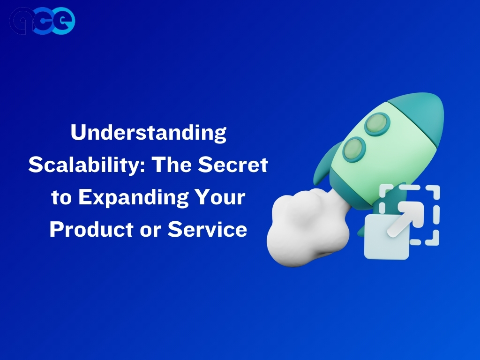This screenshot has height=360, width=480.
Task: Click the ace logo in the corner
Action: tap(42, 21)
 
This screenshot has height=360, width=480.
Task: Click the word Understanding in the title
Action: tap(149, 133)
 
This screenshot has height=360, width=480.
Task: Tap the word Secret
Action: tap(233, 165)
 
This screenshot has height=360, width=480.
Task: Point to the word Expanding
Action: tap(134, 198)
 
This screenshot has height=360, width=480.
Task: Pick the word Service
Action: tap(207, 229)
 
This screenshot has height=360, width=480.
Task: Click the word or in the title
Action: tap(150, 232)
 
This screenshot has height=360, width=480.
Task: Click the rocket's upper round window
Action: tap(377, 124)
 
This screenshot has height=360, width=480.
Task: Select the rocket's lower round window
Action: tap(354, 150)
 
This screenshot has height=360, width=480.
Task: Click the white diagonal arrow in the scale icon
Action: tap(405, 218)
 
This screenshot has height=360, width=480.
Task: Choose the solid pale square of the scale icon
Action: tap(386, 237)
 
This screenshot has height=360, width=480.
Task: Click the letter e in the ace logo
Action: tap(63, 21)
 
